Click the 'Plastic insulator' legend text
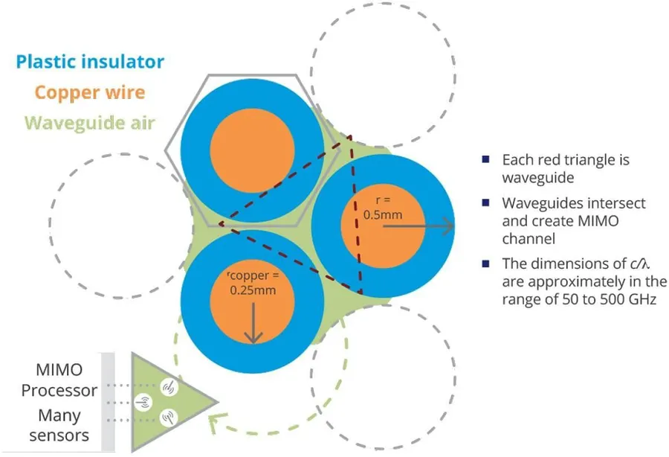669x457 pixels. (x=90, y=62)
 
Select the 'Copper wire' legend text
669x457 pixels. (x=90, y=93)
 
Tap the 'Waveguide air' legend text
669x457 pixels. (x=90, y=123)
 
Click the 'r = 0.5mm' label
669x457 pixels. (x=383, y=207)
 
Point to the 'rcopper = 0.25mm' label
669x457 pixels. (x=253, y=283)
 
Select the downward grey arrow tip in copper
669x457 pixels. (x=253, y=342)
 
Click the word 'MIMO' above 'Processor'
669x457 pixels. (x=59, y=370)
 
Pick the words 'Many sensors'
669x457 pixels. (x=59, y=425)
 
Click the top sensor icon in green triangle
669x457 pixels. (x=169, y=387)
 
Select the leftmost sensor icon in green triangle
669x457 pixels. (x=143, y=403)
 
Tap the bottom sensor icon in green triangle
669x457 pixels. (x=169, y=418)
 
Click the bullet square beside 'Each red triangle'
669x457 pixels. (x=485, y=159)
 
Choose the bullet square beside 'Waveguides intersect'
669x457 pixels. (x=485, y=202)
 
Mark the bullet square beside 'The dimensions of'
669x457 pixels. (x=485, y=263)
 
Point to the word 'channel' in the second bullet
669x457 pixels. (x=529, y=239)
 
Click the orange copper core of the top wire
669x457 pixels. (x=253, y=150)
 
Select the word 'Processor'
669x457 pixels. (x=59, y=390)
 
